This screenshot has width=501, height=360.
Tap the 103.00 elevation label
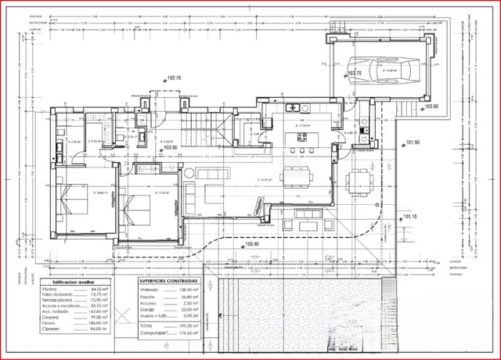(431, 106)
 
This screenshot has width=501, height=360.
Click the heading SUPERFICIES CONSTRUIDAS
(169, 279)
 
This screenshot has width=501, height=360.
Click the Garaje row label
(147, 308)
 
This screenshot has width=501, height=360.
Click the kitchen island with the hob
(300, 139)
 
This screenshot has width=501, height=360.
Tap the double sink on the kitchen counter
(293, 107)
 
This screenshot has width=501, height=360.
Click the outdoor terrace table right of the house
(359, 179)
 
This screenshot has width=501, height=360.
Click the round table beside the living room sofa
(190, 171)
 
